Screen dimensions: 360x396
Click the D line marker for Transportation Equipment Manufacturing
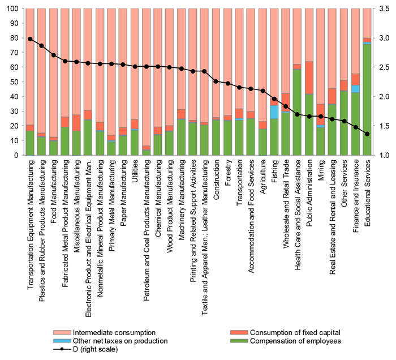30,38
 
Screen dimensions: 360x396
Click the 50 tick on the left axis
17,82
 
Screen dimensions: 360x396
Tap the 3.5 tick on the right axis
382,8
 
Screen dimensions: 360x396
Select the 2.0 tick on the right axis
382,97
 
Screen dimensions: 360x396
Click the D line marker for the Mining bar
321,117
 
